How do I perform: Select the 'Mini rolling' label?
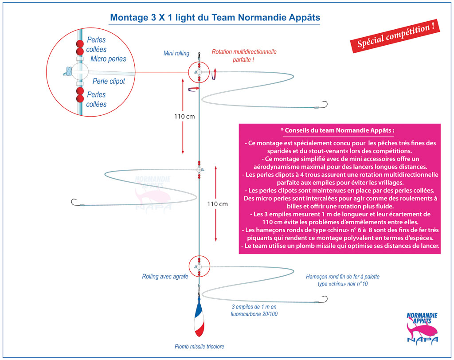pos(176,54)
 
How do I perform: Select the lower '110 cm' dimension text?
pos(217,204)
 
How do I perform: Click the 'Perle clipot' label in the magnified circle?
pos(109,82)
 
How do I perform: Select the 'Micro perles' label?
pos(108,59)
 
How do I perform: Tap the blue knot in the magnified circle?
pos(67,71)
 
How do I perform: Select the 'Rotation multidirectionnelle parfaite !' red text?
pos(244,55)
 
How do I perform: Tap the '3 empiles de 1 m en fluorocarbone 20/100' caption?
pos(254,310)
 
